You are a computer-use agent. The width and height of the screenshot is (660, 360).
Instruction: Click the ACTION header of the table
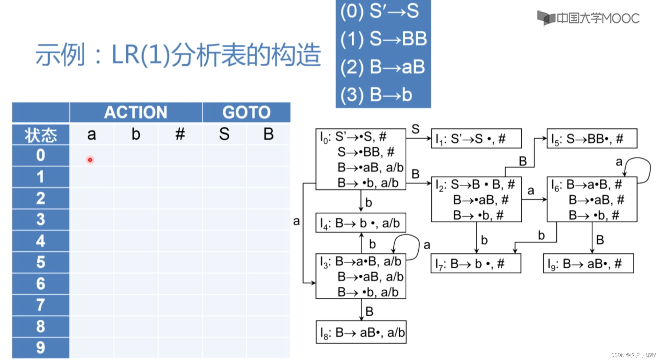pos(135,112)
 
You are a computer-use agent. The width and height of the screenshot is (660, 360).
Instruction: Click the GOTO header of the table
pos(246,112)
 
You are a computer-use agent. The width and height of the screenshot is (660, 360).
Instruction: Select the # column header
pos(180,134)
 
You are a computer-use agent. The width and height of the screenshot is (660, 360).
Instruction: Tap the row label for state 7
pos(41,305)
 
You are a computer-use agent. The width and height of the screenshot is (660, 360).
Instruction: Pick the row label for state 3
pos(41,220)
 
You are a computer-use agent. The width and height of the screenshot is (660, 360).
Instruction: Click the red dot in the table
pos(90,160)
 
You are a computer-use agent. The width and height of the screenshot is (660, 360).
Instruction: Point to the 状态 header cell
pos(41,135)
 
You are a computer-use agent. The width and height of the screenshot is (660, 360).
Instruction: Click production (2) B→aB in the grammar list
pos(383,67)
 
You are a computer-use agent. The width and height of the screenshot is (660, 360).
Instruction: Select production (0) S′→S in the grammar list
pos(380,11)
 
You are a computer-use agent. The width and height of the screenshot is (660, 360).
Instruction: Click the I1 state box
pos(476,139)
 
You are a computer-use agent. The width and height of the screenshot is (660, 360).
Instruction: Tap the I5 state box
pos(592,139)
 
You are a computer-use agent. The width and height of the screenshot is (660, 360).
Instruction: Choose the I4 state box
pos(361,223)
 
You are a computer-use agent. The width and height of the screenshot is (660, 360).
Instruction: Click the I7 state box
pos(476,264)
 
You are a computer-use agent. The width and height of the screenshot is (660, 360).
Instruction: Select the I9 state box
pos(588,264)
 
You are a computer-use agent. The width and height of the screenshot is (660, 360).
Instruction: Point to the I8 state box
pos(361,332)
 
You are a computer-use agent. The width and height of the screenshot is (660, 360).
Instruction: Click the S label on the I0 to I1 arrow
pos(415,129)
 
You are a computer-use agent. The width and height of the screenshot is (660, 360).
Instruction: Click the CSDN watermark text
pos(633,355)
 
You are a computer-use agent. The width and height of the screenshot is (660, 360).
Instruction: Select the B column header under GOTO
pos(269,134)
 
